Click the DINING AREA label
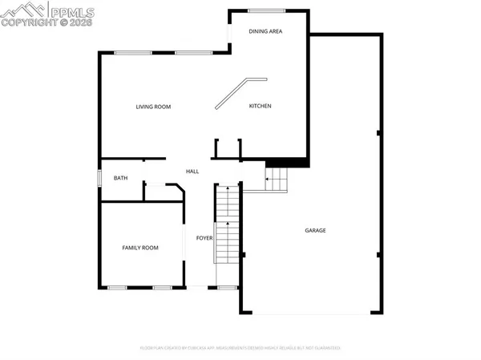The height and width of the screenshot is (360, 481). [265, 31]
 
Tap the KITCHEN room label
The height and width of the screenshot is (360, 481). [260, 106]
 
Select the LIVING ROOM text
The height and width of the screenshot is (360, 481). [152, 107]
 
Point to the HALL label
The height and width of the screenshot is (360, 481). [192, 172]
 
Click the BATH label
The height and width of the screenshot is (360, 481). [120, 178]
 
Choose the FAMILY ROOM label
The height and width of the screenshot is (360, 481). [139, 248]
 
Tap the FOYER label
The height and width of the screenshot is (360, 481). [204, 238]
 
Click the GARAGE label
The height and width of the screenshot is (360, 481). [315, 230]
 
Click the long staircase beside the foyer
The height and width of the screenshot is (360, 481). [227, 224]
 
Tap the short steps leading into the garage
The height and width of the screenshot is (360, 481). [276, 179]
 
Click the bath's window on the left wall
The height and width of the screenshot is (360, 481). [99, 177]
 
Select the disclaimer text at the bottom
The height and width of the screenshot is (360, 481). [240, 348]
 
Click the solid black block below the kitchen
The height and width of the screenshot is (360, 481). [287, 162]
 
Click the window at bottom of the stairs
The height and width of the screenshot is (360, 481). [227, 287]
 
